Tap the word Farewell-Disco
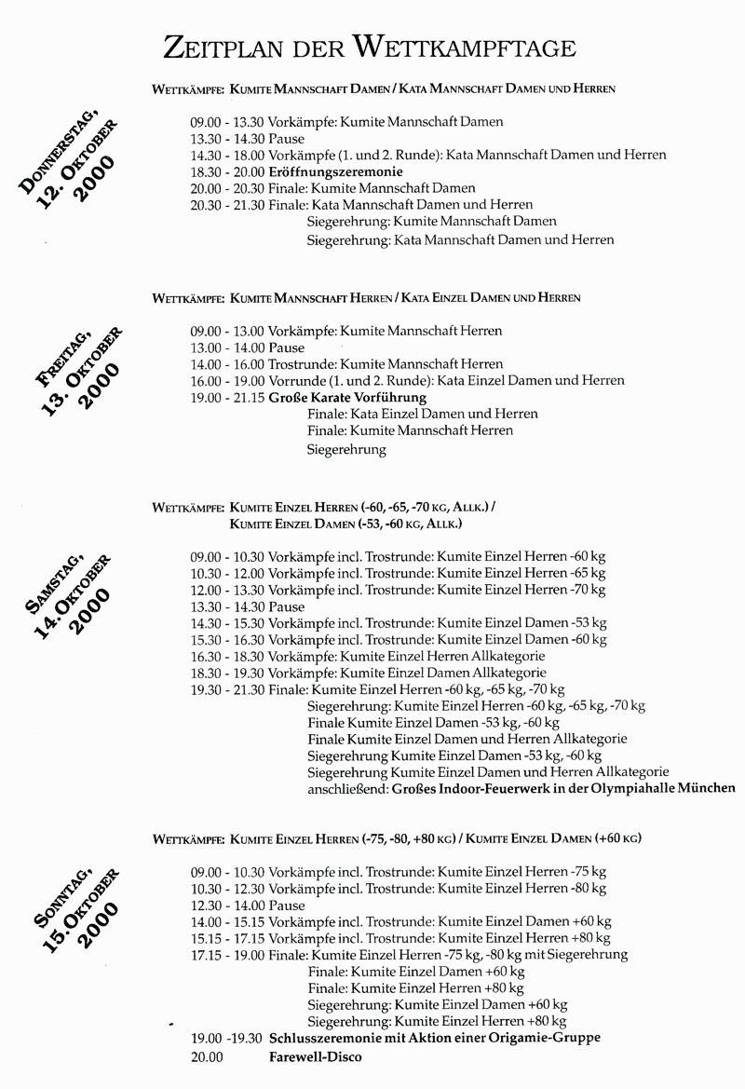point(316,1056)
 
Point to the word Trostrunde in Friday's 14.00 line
point(301,363)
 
